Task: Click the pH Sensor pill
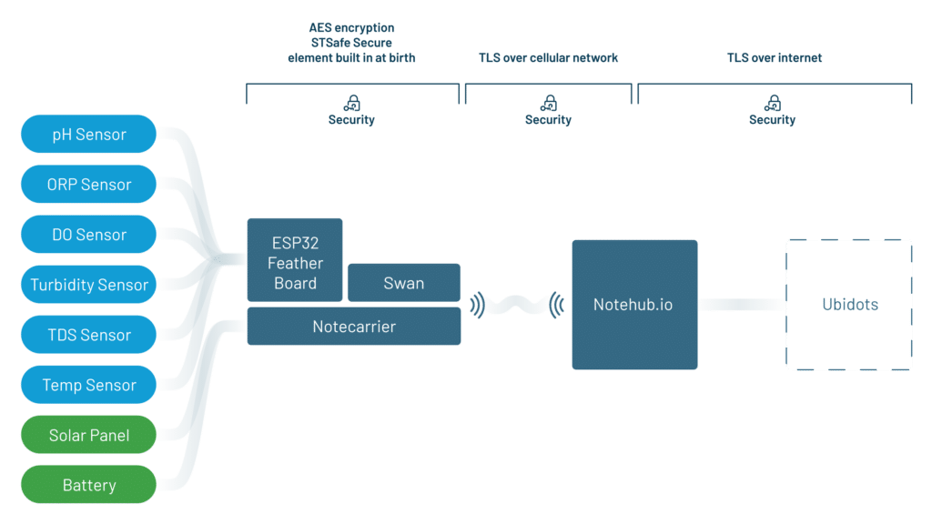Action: tap(88, 135)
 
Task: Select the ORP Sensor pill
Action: tap(88, 185)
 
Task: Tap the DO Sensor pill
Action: tap(88, 235)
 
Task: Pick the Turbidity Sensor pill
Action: tap(88, 285)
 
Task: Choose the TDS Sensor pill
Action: tap(88, 335)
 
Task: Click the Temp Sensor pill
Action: tap(88, 385)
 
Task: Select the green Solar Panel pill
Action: tap(88, 435)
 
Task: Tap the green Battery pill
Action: tap(88, 485)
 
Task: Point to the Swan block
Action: tap(403, 283)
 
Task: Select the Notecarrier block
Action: tap(353, 327)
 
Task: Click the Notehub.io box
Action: tap(633, 305)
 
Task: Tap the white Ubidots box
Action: tap(849, 305)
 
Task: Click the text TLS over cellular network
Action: tap(548, 58)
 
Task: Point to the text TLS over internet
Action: tap(774, 58)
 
